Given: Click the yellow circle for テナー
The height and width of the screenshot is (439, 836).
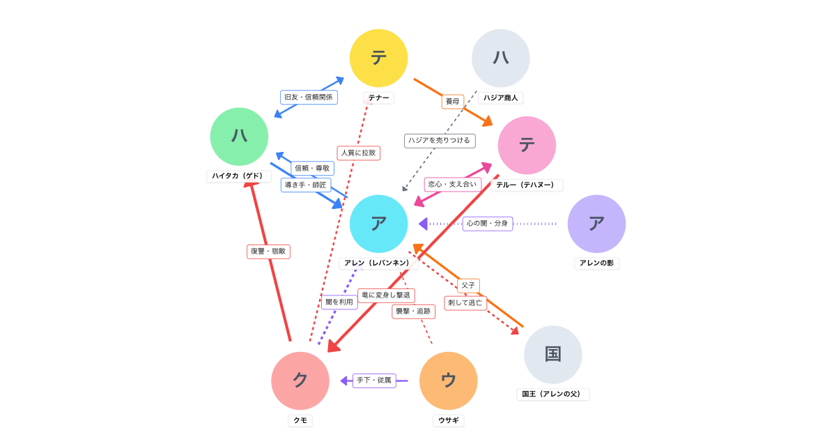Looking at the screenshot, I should click(x=378, y=58).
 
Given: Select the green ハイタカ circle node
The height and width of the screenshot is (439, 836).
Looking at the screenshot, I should click(x=239, y=137).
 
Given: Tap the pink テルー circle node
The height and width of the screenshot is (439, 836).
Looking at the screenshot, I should click(x=527, y=145).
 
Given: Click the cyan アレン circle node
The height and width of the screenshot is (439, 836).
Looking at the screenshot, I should click(x=378, y=224).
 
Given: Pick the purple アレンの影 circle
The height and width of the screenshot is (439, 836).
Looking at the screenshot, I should click(x=596, y=224).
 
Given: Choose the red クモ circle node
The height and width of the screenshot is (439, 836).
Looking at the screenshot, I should click(x=300, y=380).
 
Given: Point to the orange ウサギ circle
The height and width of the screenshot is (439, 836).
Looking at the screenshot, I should click(x=448, y=380).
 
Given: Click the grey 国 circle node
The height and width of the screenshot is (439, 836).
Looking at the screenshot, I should click(x=553, y=354).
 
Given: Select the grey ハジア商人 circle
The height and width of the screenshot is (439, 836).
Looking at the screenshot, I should click(x=500, y=58).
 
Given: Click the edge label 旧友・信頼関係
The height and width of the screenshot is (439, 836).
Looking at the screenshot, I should click(x=309, y=97).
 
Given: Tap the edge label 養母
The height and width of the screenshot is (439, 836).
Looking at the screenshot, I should click(x=453, y=102).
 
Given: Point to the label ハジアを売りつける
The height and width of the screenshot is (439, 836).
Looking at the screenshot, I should click(x=440, y=141).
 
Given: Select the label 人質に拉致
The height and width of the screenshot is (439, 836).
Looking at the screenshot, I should click(x=358, y=153).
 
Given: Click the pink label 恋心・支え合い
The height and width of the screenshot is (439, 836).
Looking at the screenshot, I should click(x=453, y=185).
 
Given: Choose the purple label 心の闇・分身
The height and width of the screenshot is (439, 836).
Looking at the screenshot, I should click(x=488, y=224).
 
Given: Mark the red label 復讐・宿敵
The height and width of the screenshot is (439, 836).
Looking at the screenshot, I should click(x=268, y=251).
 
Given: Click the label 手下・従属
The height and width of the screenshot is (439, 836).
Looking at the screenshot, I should click(x=374, y=380).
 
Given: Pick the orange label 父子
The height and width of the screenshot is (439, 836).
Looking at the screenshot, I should click(x=468, y=286).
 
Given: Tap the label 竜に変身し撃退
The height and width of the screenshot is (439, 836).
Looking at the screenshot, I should click(x=386, y=295).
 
